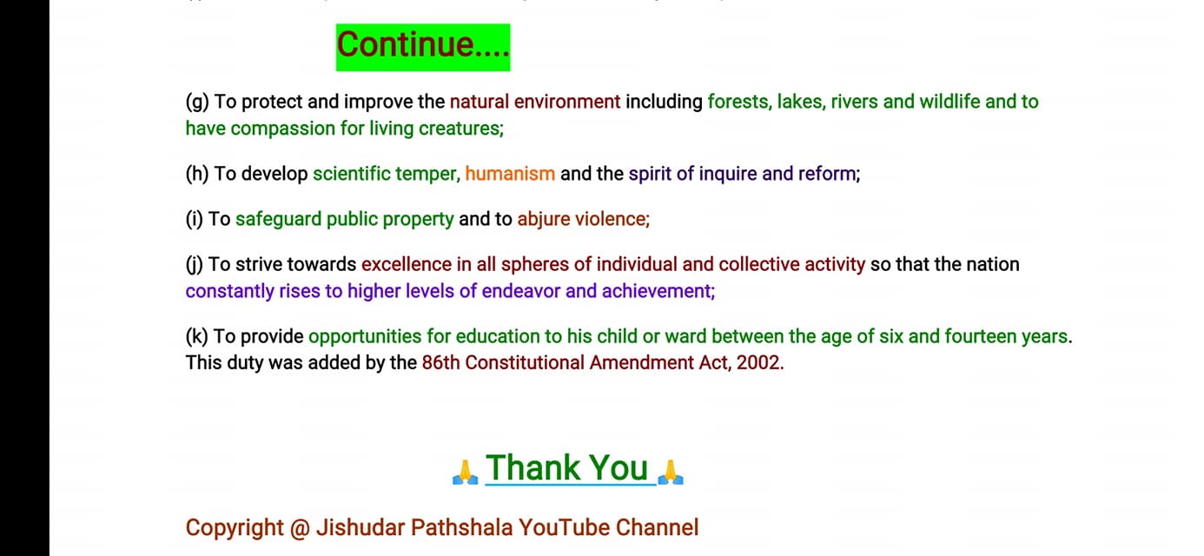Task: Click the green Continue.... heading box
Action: pos(423,47)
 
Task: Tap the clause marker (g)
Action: pos(197,103)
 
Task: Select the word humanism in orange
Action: pos(510,174)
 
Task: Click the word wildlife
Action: pos(949,102)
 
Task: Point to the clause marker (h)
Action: pos(197,175)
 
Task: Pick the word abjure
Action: pos(544,220)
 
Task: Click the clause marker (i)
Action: pos(194,220)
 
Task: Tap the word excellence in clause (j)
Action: pos(407,265)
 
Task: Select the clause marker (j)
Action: pos(194,265)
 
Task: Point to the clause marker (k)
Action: pos(196,336)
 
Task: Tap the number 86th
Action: pos(440,363)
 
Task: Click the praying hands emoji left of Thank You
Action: pos(466,472)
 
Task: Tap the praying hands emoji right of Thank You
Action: pos(671,472)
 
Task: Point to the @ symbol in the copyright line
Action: pos(300,528)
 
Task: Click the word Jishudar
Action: pos(361,527)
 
